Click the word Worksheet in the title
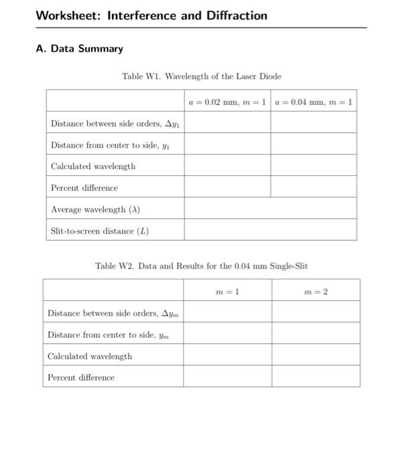coord(66,15)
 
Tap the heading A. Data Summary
coord(79,48)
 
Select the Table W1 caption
coord(201,77)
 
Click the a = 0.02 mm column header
coord(227,101)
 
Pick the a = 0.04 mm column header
coord(313,101)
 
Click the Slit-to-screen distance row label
coord(100,231)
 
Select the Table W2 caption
coord(201,266)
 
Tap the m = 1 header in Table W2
coord(227,291)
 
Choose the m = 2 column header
coord(315,291)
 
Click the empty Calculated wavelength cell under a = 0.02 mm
coord(227,166)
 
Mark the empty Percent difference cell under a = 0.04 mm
coord(313,187)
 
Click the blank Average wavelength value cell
coord(270,209)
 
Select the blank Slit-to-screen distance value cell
coord(270,231)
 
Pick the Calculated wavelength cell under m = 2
coord(315,356)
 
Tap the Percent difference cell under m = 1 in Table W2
coord(227,377)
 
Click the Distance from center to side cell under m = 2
coord(315,334)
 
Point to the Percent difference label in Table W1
coord(84,188)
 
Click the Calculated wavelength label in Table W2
coord(90,356)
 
